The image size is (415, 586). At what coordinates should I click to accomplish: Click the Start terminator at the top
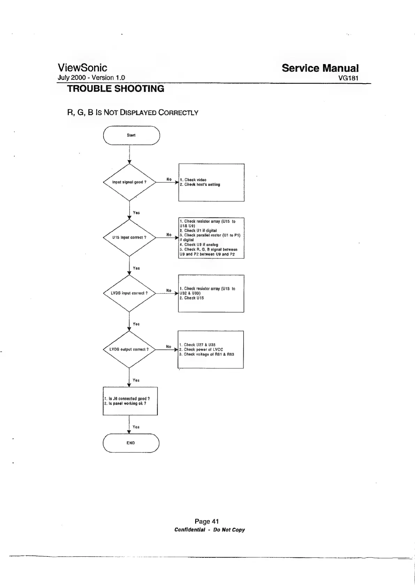point(131,135)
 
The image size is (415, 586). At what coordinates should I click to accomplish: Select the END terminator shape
point(131,443)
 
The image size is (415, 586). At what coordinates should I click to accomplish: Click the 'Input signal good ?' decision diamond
point(129,182)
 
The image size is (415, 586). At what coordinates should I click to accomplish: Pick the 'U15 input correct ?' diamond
point(129,237)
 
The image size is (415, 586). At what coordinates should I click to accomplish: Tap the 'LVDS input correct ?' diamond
point(129,293)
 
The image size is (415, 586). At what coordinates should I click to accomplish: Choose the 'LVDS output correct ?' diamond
point(129,349)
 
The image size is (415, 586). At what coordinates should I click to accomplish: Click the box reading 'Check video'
point(211,182)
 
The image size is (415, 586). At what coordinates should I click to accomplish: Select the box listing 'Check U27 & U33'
point(210,349)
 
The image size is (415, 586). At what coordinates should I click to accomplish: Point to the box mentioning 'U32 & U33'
point(211,293)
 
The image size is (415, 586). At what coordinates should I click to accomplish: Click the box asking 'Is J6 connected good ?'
point(130,401)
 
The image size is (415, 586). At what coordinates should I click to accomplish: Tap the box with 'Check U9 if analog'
point(211,237)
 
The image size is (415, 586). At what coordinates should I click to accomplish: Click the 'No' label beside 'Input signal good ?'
point(169,179)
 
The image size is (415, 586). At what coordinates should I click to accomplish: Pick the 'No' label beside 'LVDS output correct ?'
point(169,346)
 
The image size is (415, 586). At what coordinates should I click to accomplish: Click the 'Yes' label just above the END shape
point(136,427)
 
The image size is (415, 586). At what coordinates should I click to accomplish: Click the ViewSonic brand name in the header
point(82,68)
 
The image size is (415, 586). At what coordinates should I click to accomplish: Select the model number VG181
point(348,78)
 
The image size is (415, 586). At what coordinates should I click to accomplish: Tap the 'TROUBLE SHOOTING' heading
point(115,89)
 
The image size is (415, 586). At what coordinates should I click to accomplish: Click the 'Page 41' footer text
point(207,521)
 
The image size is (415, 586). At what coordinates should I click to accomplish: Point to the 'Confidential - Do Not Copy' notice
point(209,530)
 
